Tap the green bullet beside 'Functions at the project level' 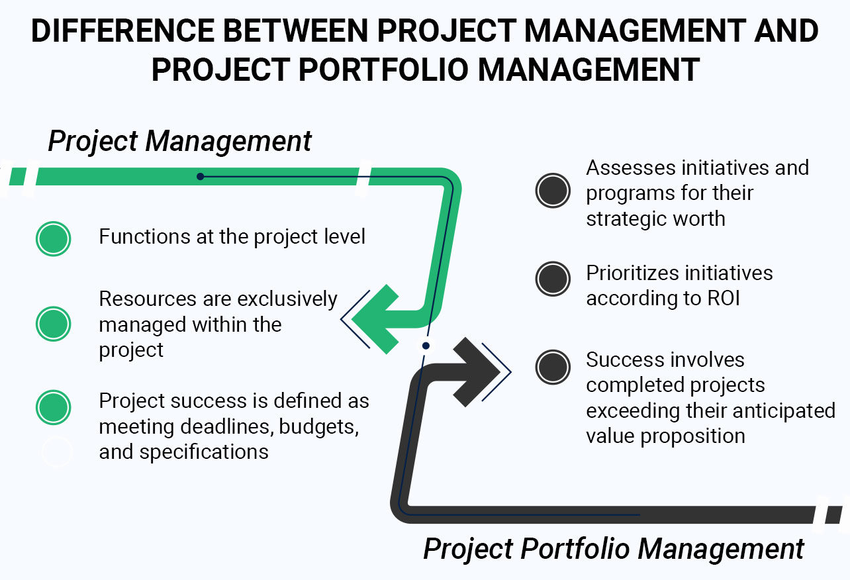53,239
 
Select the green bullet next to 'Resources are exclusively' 53,324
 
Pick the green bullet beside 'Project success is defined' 53,407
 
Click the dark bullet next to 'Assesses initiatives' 553,191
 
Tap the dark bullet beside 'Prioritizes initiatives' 553,279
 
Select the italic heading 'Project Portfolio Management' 614,549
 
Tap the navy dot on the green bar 200,176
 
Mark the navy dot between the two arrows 426,346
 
